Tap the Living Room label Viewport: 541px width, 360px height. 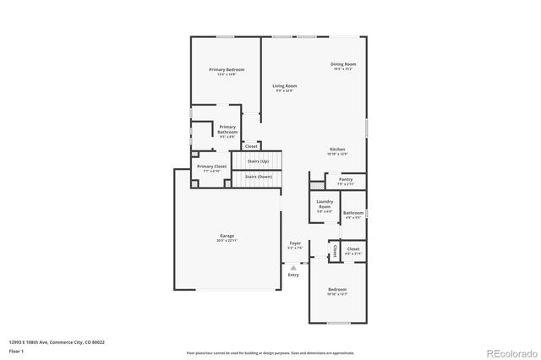click(284, 86)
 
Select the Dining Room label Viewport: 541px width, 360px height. click(342, 65)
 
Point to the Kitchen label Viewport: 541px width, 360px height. click(337, 150)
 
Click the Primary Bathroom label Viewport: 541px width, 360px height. click(227, 129)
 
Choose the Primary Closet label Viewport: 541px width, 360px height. click(212, 167)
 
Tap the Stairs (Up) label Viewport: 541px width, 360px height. click(258, 161)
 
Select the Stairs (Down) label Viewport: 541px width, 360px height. click(258, 176)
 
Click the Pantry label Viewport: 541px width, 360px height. click(345, 179)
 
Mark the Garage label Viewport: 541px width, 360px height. click(227, 236)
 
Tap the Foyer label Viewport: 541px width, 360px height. click(295, 243)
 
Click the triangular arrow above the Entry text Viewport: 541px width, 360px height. click(293, 267)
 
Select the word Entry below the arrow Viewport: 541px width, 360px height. click(293, 275)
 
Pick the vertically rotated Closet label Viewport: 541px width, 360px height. click(334, 251)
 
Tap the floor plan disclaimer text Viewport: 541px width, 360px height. click(270, 352)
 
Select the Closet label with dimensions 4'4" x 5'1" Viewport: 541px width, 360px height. click(352, 250)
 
